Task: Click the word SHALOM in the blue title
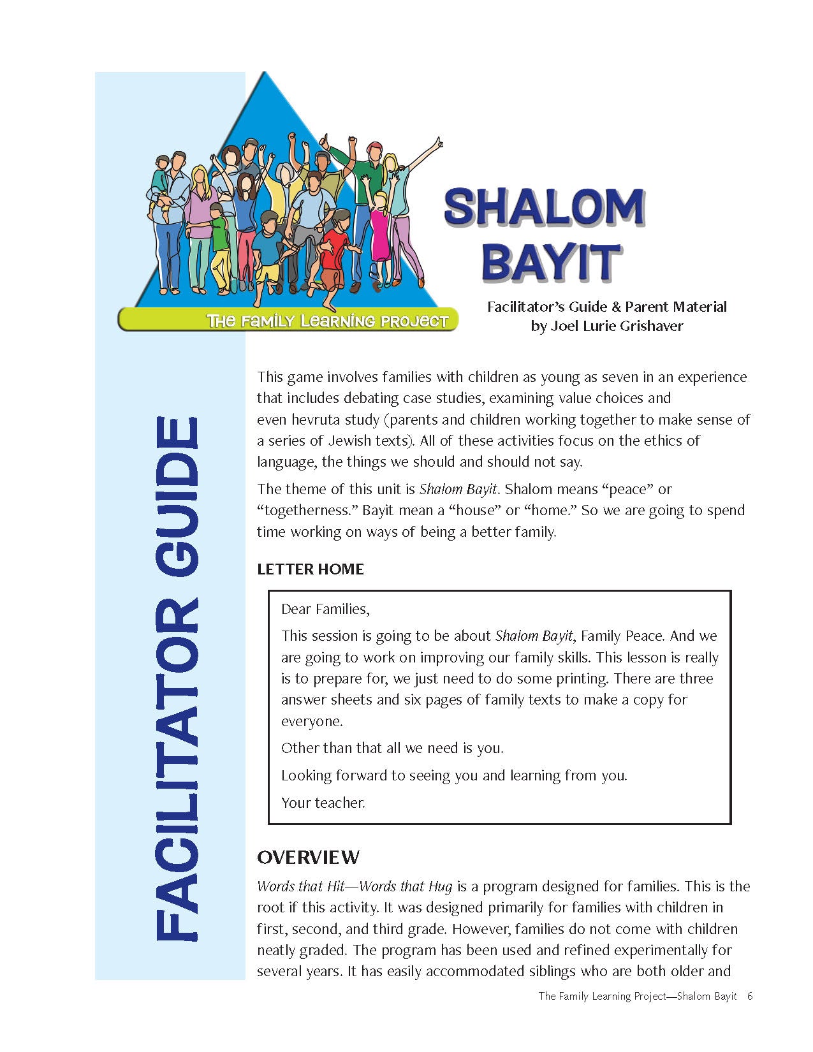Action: tap(544, 207)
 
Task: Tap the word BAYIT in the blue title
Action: tap(551, 261)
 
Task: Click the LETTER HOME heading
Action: tap(311, 569)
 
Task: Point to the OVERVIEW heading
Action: tap(308, 858)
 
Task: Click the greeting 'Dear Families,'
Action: tap(325, 609)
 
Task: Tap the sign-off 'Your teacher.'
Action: tap(323, 803)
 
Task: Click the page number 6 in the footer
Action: tap(750, 996)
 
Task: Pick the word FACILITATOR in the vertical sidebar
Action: tap(177, 768)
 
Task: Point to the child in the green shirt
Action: tap(220, 242)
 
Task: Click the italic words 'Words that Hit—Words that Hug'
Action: tap(355, 886)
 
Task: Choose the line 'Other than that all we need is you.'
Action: tap(392, 748)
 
